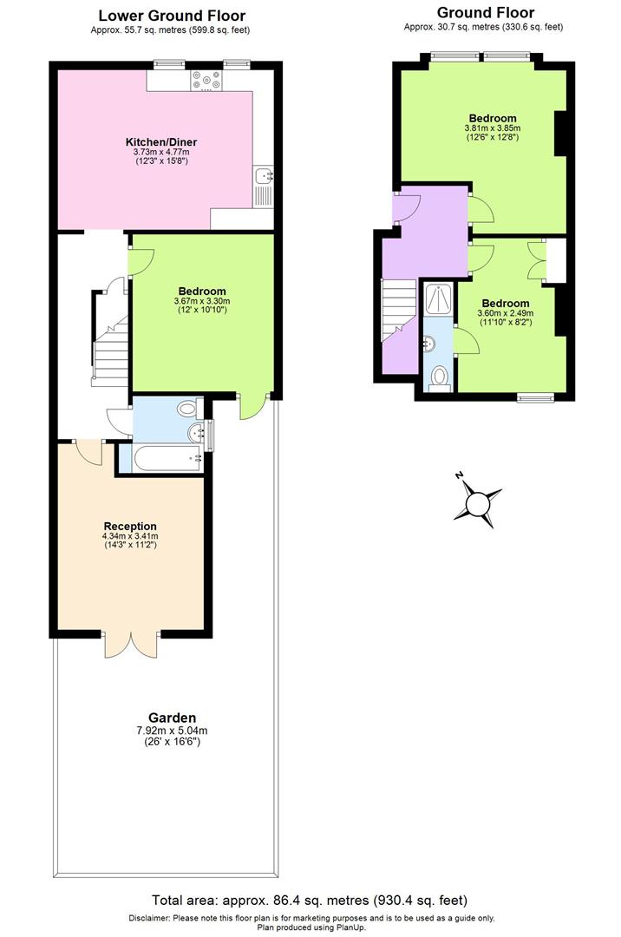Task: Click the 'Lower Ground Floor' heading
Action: [x=171, y=16]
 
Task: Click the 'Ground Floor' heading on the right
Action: [x=485, y=12]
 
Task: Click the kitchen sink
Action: [x=264, y=177]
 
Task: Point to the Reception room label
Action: [x=130, y=526]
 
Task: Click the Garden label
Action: [x=172, y=717]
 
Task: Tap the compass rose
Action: [x=478, y=503]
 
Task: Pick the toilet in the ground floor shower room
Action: [x=441, y=377]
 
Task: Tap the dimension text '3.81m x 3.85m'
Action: [x=493, y=128]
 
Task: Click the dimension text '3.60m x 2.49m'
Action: [x=505, y=313]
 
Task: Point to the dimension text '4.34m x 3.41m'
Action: [x=130, y=536]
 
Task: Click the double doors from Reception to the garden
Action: [x=131, y=644]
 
